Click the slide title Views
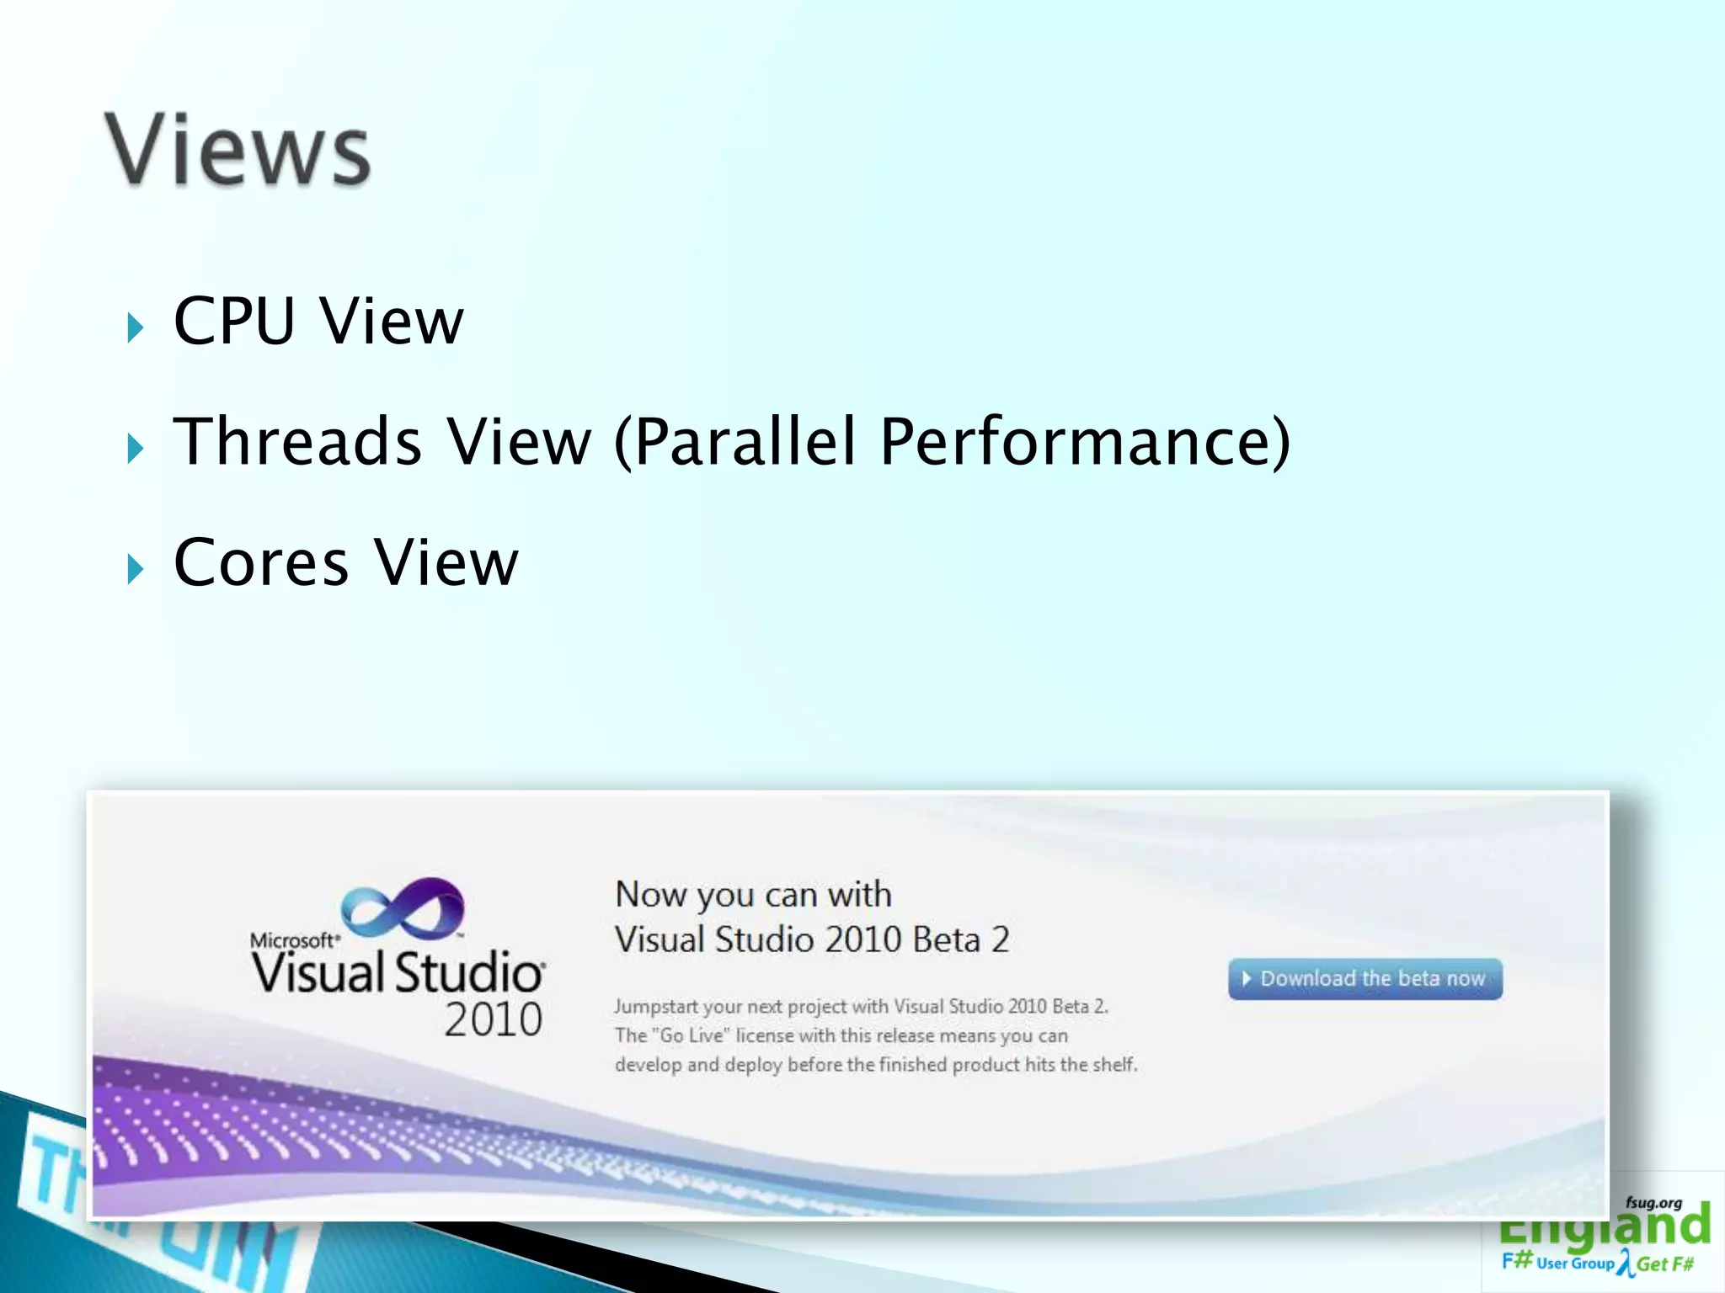238,150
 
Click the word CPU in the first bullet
234,321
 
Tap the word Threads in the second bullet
297,441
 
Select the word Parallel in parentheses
745,441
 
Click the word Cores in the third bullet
261,562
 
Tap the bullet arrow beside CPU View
136,327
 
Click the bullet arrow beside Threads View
136,448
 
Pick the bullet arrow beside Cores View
136,569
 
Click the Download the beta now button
1365,979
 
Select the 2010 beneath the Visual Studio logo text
493,1020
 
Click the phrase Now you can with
753,894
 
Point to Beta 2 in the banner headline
961,939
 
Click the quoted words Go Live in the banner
692,1035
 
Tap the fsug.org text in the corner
1653,1203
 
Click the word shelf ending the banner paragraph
1114,1065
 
